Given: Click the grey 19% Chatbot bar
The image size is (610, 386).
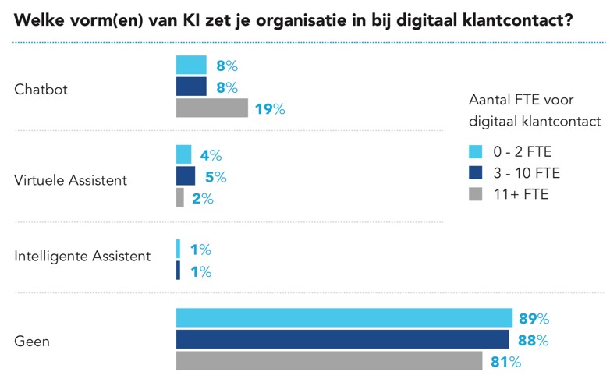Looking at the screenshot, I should coord(211,108).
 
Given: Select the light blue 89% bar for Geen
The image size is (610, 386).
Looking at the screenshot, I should coord(344,318).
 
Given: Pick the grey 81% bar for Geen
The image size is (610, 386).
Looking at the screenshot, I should coord(328,361).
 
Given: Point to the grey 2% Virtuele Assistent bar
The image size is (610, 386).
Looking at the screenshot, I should coord(180,198).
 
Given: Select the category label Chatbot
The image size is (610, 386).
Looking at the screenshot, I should coord(41,90).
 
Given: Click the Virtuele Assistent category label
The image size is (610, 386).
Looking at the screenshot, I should coord(71,181).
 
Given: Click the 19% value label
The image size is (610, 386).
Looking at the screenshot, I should coord(270,109).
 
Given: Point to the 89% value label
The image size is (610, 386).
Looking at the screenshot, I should coord(534,318).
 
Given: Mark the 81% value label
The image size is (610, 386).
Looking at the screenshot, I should coord(505,362).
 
